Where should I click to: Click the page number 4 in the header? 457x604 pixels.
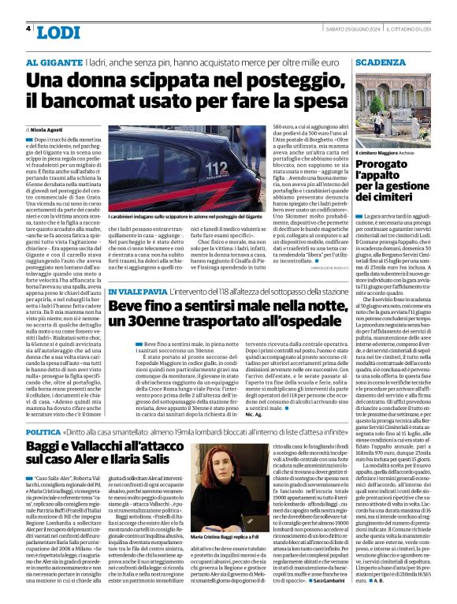pyautogui.click(x=28, y=28)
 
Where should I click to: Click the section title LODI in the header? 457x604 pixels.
pyautogui.click(x=58, y=32)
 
